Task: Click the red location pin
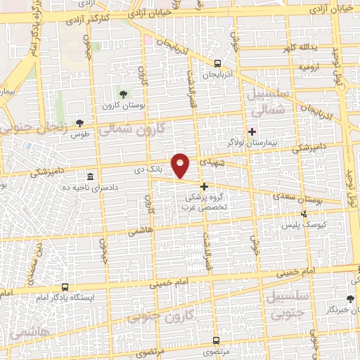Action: coord(181,165)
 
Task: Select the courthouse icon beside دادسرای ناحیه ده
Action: coord(90,176)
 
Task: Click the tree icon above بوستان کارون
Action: coord(124,94)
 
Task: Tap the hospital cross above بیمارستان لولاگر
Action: coord(252,131)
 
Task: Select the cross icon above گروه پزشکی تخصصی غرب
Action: coord(204,186)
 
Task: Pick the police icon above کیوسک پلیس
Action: coord(304,213)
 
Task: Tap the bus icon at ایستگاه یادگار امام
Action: coord(65,287)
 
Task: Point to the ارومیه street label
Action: coord(309,67)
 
